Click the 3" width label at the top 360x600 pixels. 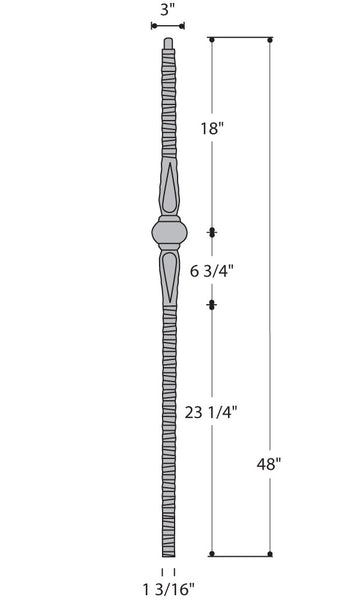coord(168,9)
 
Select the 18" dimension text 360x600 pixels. coord(211,128)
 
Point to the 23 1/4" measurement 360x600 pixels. coord(211,411)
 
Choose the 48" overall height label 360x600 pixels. coord(269,463)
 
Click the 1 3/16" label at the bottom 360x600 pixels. coord(168,588)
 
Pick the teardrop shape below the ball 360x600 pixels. coord(169,276)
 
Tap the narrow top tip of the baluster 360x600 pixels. coord(168,45)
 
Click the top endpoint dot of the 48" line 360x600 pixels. coord(270,39)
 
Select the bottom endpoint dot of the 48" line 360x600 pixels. coord(270,554)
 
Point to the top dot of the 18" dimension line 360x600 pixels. coord(212,39)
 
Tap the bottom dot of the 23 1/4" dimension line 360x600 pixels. coord(212,554)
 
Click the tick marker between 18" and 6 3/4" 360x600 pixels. coord(212,232)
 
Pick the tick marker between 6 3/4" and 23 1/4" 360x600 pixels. coord(212,304)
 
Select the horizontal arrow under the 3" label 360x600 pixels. coord(168,26)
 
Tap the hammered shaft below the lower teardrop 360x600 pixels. coord(168,420)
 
